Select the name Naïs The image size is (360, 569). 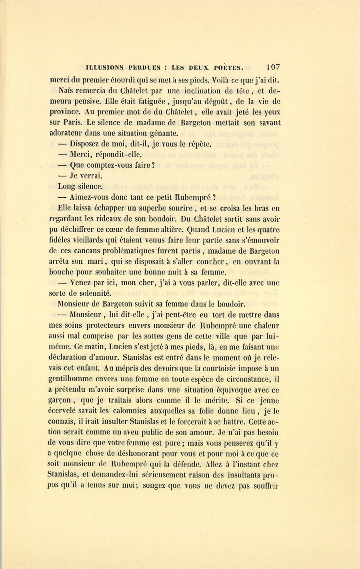66,90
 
